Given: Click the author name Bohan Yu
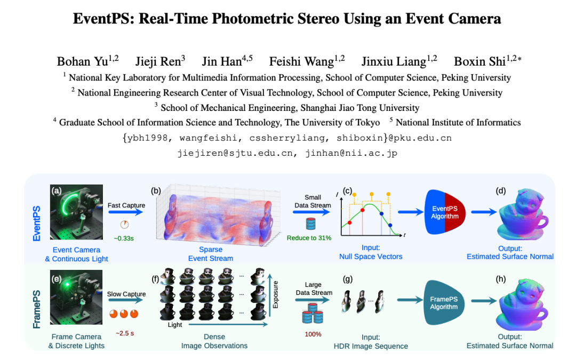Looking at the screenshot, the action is click(x=82, y=61).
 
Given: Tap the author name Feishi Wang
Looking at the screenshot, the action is click(x=301, y=61).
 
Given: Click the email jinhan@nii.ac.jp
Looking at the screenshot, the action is click(x=351, y=153).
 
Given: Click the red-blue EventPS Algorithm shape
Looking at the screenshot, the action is click(x=445, y=212).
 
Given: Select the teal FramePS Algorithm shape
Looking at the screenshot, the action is click(x=444, y=303).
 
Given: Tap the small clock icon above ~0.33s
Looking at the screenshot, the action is click(x=124, y=225).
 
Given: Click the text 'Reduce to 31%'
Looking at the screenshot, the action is click(x=309, y=238).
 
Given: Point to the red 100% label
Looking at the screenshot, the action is click(x=313, y=334).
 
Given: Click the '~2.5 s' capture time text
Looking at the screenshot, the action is click(x=125, y=333).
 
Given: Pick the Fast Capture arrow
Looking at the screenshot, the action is click(x=125, y=212).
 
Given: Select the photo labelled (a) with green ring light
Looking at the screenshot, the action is click(x=76, y=212).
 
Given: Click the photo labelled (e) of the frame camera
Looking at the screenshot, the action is click(x=76, y=297).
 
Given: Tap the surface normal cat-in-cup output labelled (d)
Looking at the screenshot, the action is click(x=523, y=214).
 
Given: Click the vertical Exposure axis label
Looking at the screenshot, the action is click(x=276, y=294).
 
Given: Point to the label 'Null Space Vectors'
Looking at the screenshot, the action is click(x=371, y=257).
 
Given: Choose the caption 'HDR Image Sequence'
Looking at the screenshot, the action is click(x=371, y=346).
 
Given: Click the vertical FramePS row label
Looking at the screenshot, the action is click(x=37, y=309).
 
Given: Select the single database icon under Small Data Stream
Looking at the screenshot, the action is click(x=311, y=223).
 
